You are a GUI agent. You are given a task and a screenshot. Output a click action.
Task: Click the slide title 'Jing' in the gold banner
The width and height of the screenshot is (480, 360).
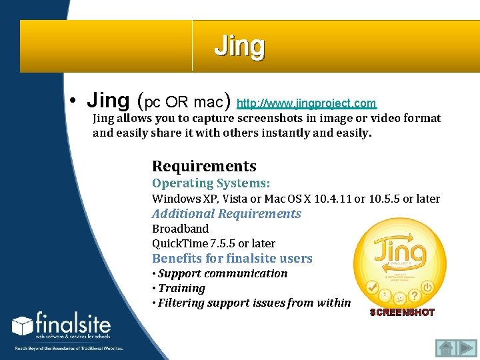pos(239,47)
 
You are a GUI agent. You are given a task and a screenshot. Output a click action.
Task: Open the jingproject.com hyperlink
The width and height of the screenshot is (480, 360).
pos(307,103)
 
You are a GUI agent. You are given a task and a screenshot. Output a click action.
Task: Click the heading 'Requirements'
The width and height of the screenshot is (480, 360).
pos(204,166)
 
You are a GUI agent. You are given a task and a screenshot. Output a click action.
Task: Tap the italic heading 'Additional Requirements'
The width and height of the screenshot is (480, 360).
pos(226,213)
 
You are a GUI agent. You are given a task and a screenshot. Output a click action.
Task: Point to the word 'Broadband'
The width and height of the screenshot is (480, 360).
pos(180,229)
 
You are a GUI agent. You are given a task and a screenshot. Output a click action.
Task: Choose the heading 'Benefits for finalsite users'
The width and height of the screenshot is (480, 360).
pos(232,258)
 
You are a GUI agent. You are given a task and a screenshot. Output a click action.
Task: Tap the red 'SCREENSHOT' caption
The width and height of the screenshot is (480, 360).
pos(402,312)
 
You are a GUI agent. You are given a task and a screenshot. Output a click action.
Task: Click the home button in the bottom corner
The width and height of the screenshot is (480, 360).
pos(445,349)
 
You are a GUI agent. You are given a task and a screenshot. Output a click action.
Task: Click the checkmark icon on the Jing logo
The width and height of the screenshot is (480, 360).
pos(373,287)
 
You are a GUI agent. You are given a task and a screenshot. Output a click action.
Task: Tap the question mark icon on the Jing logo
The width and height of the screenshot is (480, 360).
pos(415,294)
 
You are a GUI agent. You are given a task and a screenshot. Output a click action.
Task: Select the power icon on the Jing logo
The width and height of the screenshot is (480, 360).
pos(428,287)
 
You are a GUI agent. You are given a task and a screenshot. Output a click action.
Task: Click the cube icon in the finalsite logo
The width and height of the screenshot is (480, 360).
pos(23,326)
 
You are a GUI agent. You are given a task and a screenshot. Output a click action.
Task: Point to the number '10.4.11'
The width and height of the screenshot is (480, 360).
pos(333,199)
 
